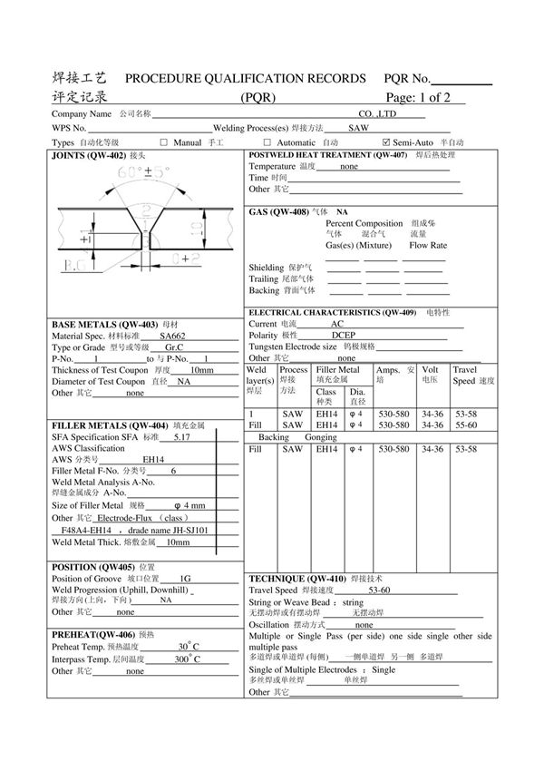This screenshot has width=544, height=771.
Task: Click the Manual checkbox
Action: [164, 142]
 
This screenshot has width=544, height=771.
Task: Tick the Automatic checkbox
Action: [267, 142]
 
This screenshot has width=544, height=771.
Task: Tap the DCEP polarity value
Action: [344, 335]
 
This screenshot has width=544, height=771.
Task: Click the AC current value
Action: [337, 323]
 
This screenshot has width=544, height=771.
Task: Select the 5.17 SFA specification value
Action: [181, 436]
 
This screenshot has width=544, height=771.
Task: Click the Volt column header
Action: [431, 375]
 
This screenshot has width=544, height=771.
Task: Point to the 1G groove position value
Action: [185, 578]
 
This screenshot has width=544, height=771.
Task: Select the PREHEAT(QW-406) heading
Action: [93, 634]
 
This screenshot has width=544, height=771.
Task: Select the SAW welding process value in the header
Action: [358, 129]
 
